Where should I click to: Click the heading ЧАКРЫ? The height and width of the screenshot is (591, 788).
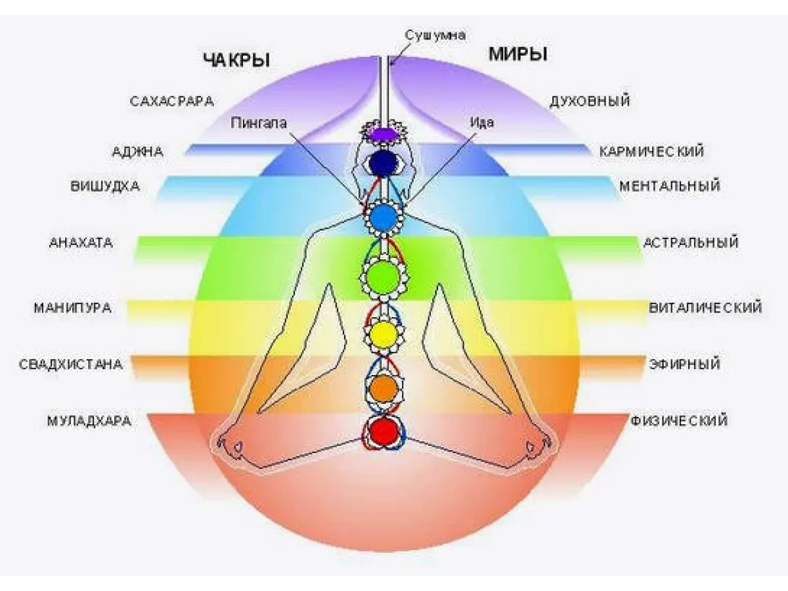coord(237,60)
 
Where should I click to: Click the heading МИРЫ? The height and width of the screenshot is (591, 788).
coord(518,55)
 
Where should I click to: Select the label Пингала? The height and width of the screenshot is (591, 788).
coord(259,122)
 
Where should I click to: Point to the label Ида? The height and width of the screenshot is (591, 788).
coord(482,122)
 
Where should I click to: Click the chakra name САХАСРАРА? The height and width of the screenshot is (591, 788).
coord(171,102)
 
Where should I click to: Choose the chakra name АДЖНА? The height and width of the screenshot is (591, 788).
coord(138,152)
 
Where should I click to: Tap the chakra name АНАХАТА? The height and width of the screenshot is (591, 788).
coord(81,242)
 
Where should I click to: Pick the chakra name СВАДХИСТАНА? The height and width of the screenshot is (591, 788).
coord(71,364)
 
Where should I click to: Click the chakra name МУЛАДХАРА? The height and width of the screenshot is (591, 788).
coord(89,421)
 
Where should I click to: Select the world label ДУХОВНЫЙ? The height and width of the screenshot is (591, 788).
coord(590,102)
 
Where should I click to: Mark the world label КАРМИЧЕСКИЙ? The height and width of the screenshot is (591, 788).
coord(651,152)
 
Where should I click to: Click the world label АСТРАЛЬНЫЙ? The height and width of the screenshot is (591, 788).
coord(691,242)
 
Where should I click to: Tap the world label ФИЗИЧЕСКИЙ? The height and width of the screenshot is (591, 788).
coord(679,421)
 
